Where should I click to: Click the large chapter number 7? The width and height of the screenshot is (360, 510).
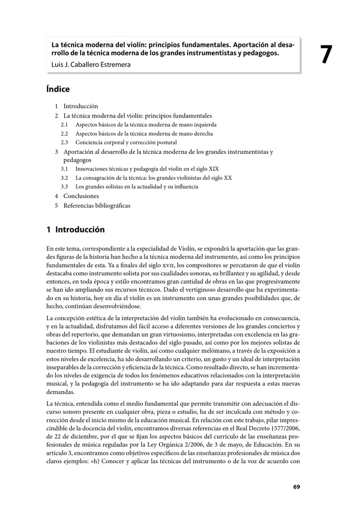[326, 55]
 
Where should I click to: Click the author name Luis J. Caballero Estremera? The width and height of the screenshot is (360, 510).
[91, 64]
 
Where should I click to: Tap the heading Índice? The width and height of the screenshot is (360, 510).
[58, 90]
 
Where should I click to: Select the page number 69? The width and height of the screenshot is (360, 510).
[296, 487]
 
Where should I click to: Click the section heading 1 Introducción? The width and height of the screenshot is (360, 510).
[76, 230]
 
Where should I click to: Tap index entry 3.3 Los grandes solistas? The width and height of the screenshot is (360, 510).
[136, 187]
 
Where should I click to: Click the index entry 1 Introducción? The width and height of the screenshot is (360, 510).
[80, 106]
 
